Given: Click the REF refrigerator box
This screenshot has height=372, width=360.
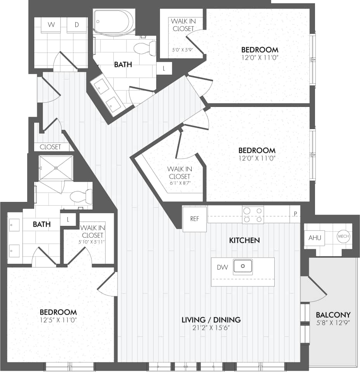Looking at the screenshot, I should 195,219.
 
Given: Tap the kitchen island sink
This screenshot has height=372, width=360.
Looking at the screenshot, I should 243,267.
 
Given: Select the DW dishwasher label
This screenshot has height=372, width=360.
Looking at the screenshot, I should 222,267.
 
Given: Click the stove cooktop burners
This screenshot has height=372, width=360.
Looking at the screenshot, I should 253,215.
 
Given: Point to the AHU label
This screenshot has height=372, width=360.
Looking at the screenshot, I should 315,238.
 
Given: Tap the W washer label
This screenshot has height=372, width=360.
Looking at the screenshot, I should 51,25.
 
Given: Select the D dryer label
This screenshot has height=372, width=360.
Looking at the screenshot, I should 77,25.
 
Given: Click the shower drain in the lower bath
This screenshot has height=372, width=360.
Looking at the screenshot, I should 56,168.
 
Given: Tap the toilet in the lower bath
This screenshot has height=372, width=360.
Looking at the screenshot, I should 82,196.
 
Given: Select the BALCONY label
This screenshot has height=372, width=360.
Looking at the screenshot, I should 333,315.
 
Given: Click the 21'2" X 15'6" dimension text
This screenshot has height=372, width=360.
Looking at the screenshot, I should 211,327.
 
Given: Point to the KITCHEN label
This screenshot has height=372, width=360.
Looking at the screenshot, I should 244,240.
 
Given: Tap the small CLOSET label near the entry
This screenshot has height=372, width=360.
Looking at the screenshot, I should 50,147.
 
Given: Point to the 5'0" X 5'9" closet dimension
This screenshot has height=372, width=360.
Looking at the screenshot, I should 182,50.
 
